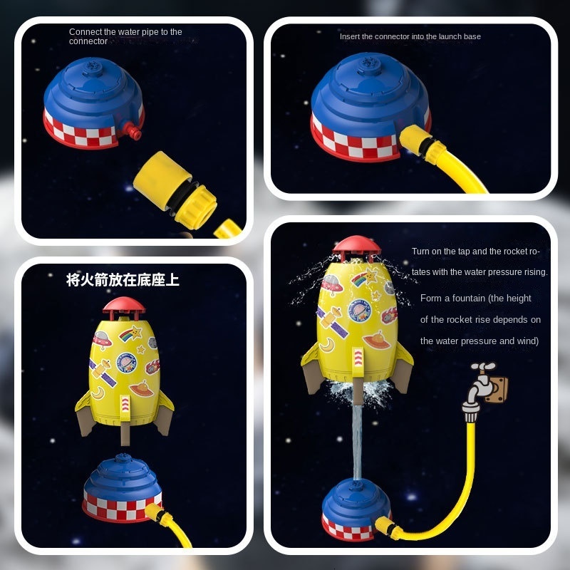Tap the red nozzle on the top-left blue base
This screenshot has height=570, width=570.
(132, 130)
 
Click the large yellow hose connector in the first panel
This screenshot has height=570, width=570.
(175, 190)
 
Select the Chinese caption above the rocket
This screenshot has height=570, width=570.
(123, 280)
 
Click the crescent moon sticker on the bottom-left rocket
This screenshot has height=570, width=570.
(98, 393)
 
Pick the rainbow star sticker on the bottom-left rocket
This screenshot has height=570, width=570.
(130, 333)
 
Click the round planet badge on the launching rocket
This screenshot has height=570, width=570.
(360, 310)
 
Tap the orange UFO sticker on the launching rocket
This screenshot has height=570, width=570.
(376, 341)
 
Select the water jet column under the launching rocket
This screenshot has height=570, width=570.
(358, 442)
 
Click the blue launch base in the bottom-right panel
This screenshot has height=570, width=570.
(356, 509)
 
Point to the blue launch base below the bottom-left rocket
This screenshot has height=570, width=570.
(122, 487)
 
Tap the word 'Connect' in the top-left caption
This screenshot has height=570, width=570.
(85, 32)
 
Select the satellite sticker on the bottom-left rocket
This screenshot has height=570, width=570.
(103, 372)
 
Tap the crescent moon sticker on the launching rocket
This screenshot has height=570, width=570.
(327, 345)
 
